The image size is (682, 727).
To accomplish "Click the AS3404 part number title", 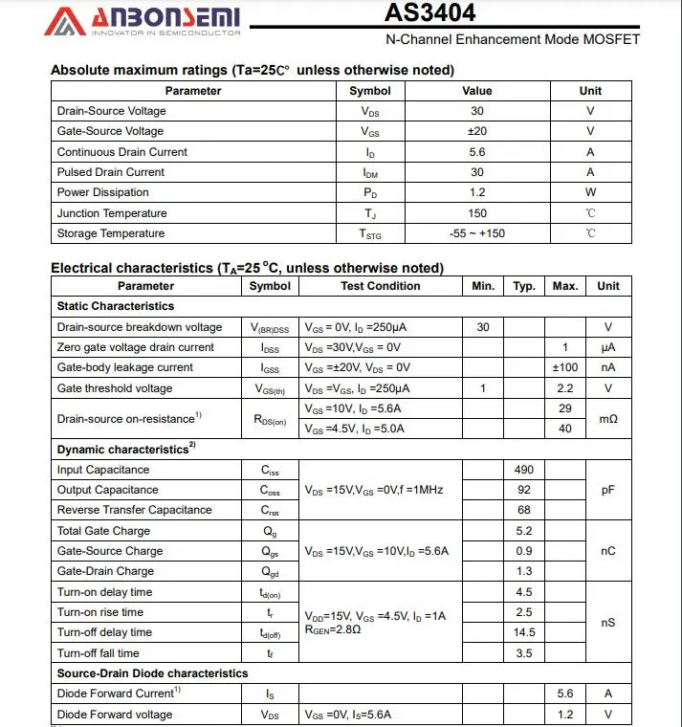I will tap(429, 13).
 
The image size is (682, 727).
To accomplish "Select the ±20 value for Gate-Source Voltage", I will tap(476, 131).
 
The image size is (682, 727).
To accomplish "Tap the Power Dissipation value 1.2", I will tap(476, 192).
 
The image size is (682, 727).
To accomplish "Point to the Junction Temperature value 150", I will tap(476, 213).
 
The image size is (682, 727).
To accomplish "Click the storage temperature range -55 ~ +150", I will tap(476, 233).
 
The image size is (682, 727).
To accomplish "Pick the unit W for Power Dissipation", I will tap(590, 192).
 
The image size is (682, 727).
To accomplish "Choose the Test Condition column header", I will tap(380, 286).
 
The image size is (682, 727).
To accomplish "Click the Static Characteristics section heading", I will tap(116, 306).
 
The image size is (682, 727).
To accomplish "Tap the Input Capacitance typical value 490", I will tap(523, 470).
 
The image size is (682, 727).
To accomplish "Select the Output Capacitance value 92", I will tap(523, 490).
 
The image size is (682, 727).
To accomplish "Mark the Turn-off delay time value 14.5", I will tap(523, 632).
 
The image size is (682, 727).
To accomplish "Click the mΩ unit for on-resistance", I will tap(608, 419).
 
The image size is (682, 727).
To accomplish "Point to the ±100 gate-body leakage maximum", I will tap(565, 367).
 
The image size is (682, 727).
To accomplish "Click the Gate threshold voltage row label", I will tap(115, 388).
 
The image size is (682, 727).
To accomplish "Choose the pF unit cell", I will tap(608, 490).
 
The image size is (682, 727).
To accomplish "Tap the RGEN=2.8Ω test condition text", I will tap(333, 630).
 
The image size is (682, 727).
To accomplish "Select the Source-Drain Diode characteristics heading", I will tap(152, 673).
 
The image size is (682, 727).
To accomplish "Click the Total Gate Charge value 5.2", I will tap(523, 531).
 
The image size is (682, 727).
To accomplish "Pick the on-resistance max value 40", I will tap(565, 429).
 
